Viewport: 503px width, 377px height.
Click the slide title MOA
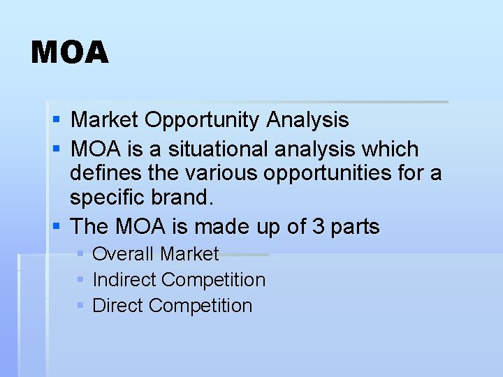[70, 53]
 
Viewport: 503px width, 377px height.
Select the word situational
[212, 149]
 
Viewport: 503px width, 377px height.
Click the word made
[220, 226]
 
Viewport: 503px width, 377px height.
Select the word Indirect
[124, 280]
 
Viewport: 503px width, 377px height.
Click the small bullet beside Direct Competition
[80, 306]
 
